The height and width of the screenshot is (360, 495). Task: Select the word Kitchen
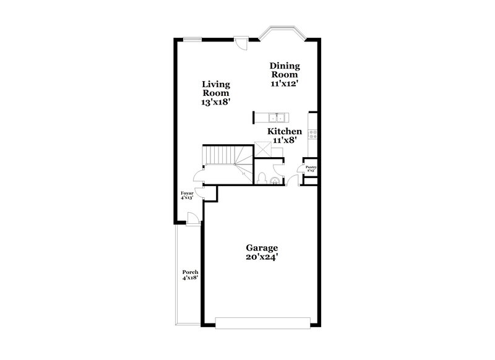[284, 132]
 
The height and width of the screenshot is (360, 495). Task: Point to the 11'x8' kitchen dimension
[284, 142]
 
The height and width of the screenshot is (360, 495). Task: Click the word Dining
[285, 66]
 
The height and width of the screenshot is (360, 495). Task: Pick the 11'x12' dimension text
[285, 85]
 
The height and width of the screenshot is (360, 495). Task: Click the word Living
[215, 84]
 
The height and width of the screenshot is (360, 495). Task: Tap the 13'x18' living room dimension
[215, 103]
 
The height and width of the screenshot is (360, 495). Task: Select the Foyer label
[187, 194]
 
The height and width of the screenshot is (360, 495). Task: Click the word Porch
[190, 272]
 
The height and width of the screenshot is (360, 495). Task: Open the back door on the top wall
[241, 41]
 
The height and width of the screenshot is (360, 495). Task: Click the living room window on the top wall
[192, 38]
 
